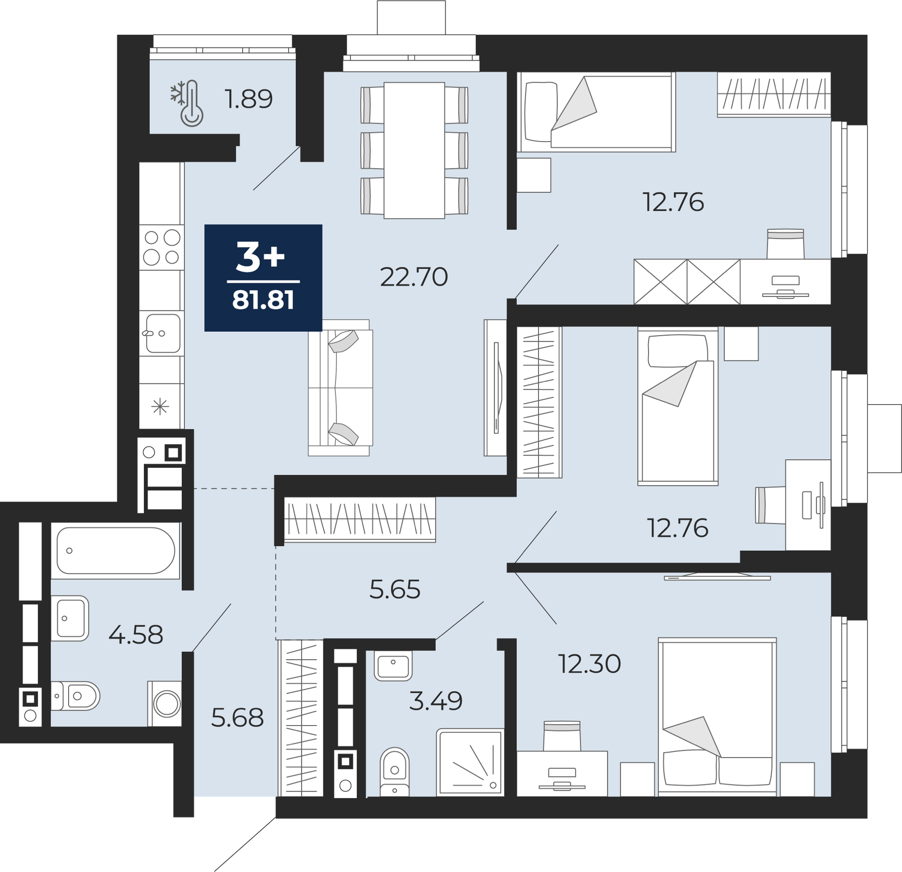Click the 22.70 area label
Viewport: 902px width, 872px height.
(x=414, y=277)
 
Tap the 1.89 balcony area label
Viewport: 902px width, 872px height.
(x=249, y=99)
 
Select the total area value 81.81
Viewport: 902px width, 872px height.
(x=263, y=300)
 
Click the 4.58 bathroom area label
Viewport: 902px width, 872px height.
(x=136, y=635)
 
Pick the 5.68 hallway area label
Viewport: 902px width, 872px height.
(x=238, y=718)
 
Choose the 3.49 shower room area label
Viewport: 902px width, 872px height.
(x=436, y=701)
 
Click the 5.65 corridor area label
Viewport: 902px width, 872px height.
(x=395, y=589)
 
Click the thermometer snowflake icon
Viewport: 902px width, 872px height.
(x=188, y=104)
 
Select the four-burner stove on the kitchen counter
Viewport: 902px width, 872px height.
(x=162, y=247)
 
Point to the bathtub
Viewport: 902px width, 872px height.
(x=115, y=551)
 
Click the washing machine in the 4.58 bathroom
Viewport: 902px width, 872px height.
(x=165, y=703)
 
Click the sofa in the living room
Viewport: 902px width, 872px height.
(x=341, y=388)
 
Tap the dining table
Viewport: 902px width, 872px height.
(x=414, y=151)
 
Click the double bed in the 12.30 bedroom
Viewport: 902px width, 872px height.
(x=717, y=717)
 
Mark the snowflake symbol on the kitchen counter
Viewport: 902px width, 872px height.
(x=160, y=406)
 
